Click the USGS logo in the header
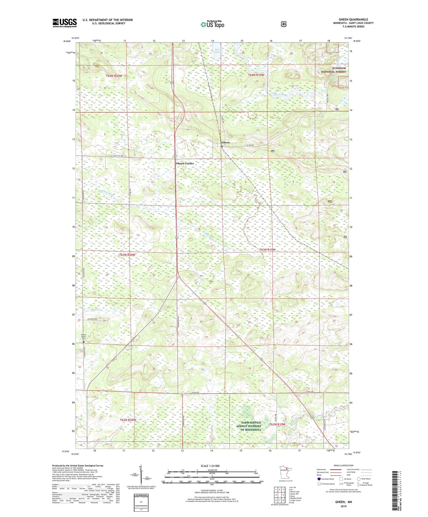pyautogui.click(x=65, y=23)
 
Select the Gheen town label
pyautogui.click(x=225, y=142)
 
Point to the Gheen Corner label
pyautogui.click(x=185, y=163)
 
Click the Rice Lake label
pyautogui.click(x=217, y=51)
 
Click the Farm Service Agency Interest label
pyautogui.click(x=249, y=426)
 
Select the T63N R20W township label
pyautogui.click(x=127, y=255)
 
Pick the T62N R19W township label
pyautogui.click(x=278, y=424)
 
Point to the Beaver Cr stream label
pyautogui.click(x=97, y=310)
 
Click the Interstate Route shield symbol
pyautogui.click(x=319, y=479)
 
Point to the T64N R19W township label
pyautogui.click(x=256, y=75)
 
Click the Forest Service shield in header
pyautogui.click(x=283, y=24)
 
